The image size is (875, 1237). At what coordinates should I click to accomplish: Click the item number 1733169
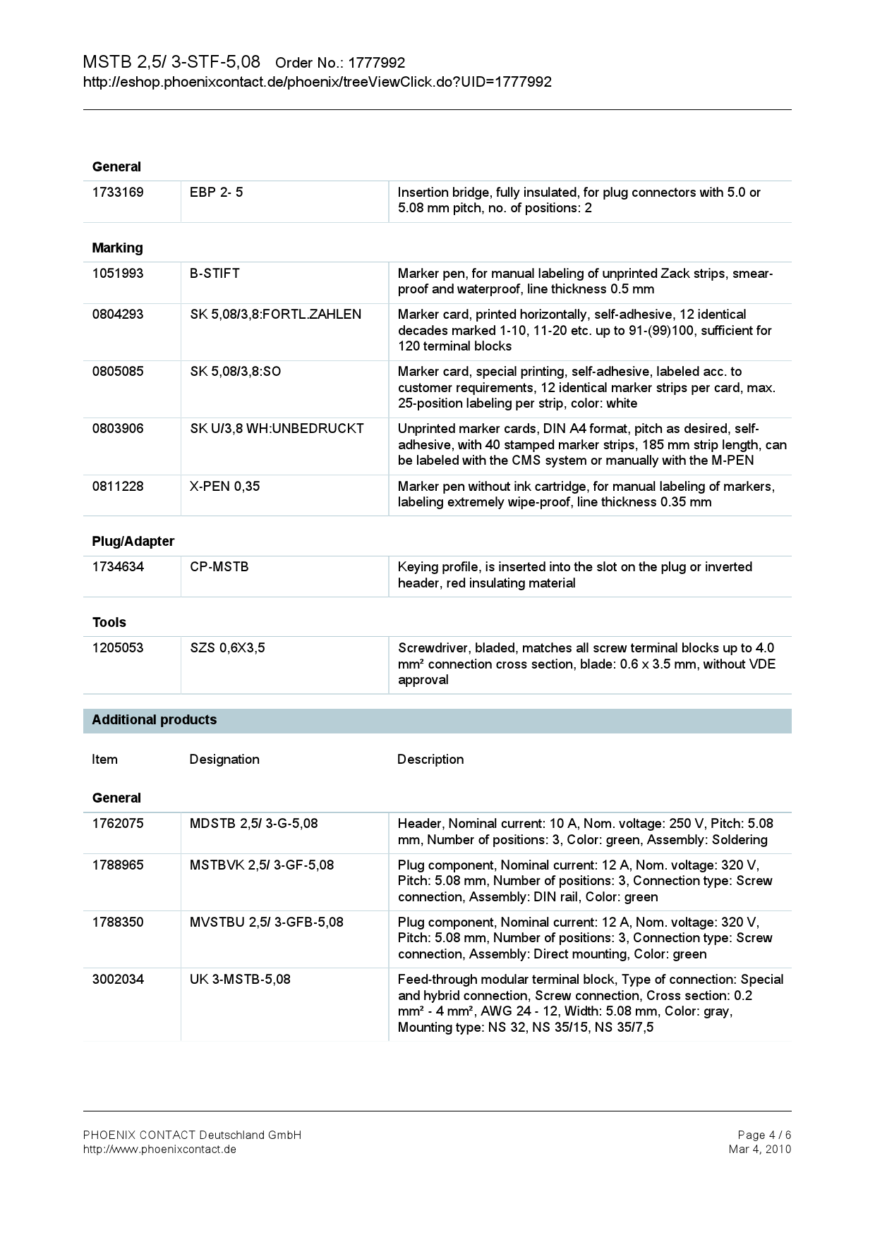click(x=118, y=193)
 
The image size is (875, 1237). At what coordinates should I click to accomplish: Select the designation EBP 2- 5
click(x=216, y=193)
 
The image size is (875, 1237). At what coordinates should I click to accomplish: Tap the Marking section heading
click(x=117, y=248)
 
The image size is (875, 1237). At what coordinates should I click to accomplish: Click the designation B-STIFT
click(x=215, y=274)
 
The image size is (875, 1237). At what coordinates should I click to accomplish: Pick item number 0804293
click(x=118, y=315)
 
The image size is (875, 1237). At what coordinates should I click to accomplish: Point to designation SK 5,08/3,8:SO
click(x=235, y=372)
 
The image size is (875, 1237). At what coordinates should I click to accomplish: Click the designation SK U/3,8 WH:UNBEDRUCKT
click(x=277, y=429)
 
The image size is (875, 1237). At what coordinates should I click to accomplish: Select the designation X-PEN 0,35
click(x=224, y=487)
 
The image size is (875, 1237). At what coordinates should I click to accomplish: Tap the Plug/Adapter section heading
click(x=133, y=542)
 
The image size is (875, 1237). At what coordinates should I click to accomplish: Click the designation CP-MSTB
click(x=219, y=567)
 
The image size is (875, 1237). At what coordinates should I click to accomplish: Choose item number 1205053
click(x=118, y=648)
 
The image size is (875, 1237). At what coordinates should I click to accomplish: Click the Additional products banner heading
click(x=154, y=720)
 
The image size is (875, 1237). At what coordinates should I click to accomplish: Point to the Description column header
click(x=430, y=760)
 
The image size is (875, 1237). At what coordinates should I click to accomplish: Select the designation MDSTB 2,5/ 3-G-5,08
click(x=253, y=824)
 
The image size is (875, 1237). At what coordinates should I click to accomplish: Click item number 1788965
click(x=118, y=865)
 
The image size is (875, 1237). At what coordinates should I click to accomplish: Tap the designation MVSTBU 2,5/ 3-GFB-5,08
click(x=266, y=922)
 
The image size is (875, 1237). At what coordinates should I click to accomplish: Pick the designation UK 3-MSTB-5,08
click(x=240, y=980)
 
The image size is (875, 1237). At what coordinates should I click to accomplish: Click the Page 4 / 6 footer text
click(x=764, y=1135)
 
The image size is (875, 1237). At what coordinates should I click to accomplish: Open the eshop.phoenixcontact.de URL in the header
click(x=317, y=83)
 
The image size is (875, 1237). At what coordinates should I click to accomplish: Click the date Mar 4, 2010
click(x=759, y=1149)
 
